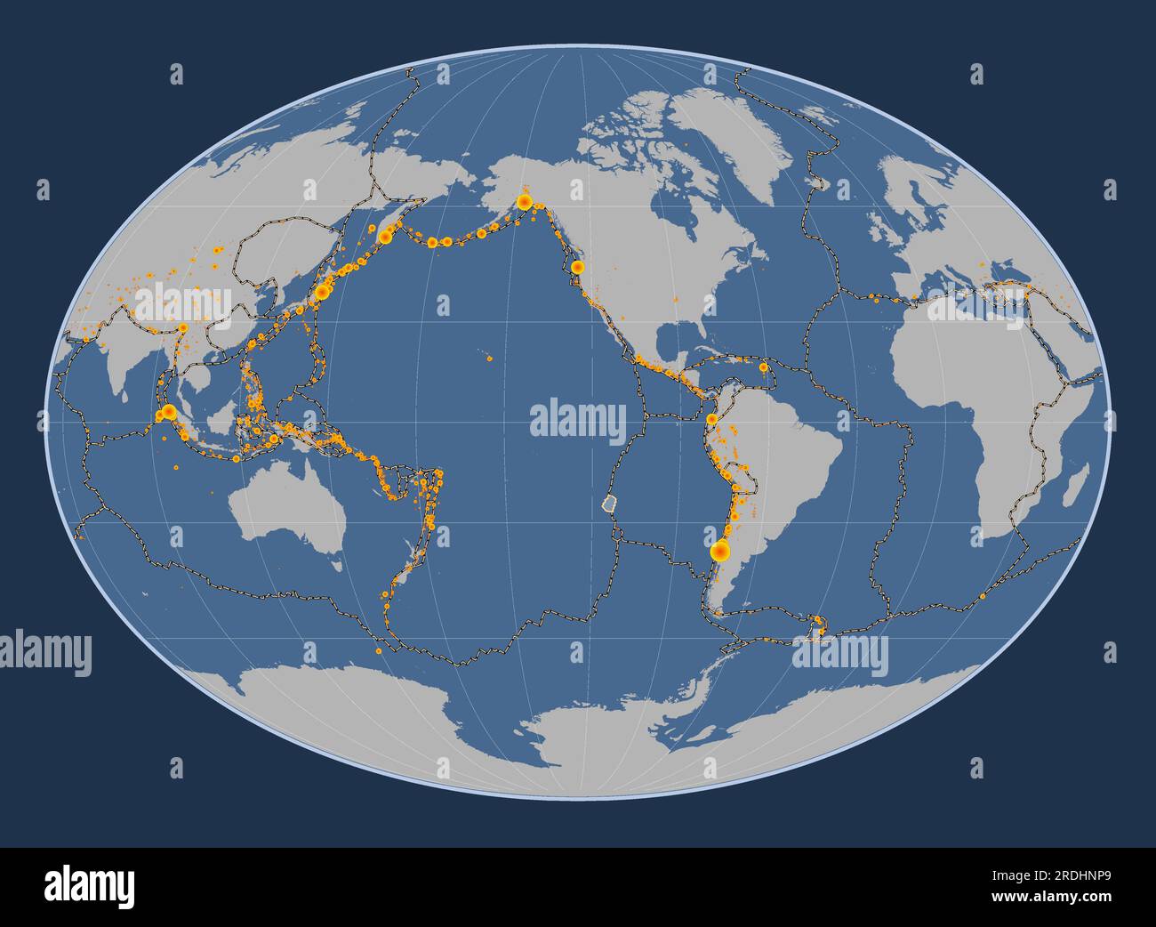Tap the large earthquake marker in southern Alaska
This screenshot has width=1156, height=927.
(x=525, y=203)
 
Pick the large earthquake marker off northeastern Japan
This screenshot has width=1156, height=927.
(x=323, y=291)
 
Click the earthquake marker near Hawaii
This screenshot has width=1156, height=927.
(x=490, y=359)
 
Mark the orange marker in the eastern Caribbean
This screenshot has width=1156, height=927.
(x=763, y=367)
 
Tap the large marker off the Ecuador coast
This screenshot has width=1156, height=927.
(x=711, y=419)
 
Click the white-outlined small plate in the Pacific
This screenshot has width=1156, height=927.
(x=608, y=504)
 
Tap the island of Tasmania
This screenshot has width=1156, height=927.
(x=336, y=562)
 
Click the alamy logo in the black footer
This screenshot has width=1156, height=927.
(x=90, y=886)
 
